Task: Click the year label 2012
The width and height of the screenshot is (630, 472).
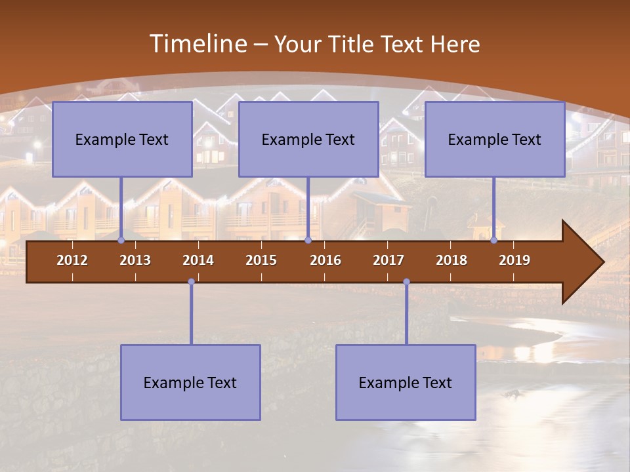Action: coord(72,260)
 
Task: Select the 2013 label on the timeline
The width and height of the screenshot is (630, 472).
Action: coord(135,260)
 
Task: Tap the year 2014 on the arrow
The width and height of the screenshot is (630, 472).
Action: coord(198,260)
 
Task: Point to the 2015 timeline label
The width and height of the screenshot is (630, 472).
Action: coord(261,260)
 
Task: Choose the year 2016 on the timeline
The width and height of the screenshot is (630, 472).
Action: coord(325,260)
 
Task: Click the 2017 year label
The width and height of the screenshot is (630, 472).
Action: coord(388,260)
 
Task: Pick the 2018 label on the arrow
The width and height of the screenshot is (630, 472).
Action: coord(451,260)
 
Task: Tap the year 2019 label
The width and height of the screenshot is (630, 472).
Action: coord(514,260)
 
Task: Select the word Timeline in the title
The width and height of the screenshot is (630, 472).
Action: coord(197,44)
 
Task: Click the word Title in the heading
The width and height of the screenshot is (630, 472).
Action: coord(348,44)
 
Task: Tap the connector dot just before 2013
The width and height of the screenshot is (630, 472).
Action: coord(121,241)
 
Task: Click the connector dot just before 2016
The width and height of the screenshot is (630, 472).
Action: coord(308,241)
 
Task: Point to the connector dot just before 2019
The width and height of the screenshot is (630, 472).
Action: coord(494,241)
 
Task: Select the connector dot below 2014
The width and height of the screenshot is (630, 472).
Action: coord(191,282)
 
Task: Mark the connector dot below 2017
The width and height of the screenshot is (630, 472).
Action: coord(406,282)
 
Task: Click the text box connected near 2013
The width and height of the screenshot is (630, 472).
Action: coord(122,139)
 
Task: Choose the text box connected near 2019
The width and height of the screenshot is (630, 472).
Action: coord(495,139)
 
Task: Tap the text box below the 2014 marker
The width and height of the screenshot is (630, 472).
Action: coord(190,382)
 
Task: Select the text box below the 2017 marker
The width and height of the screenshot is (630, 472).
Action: coord(406,382)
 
